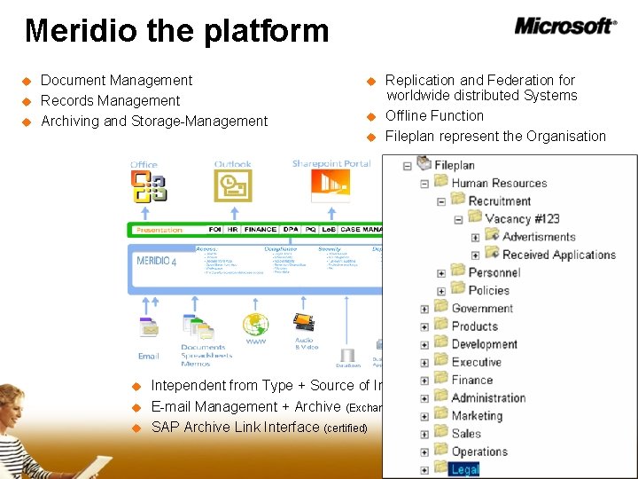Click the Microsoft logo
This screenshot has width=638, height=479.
coord(565,26)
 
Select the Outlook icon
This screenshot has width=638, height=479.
coord(232,185)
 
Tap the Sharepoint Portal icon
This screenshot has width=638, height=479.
coord(330,185)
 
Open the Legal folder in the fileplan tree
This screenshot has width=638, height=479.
coord(464,469)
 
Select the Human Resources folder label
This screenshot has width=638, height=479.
coord(499,183)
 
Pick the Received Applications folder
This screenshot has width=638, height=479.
coord(558,255)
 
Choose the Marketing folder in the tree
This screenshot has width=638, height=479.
coord(477,415)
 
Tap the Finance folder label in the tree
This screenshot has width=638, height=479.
coord(471,380)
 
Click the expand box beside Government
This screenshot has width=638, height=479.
coord(424,309)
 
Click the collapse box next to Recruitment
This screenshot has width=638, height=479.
coord(441,201)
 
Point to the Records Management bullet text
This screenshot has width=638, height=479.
coord(110,100)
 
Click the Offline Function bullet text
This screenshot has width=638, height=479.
coord(434,115)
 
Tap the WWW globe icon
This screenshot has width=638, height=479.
coord(256,325)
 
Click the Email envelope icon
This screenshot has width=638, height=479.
coord(149,329)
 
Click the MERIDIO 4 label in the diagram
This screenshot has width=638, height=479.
coord(157,262)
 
